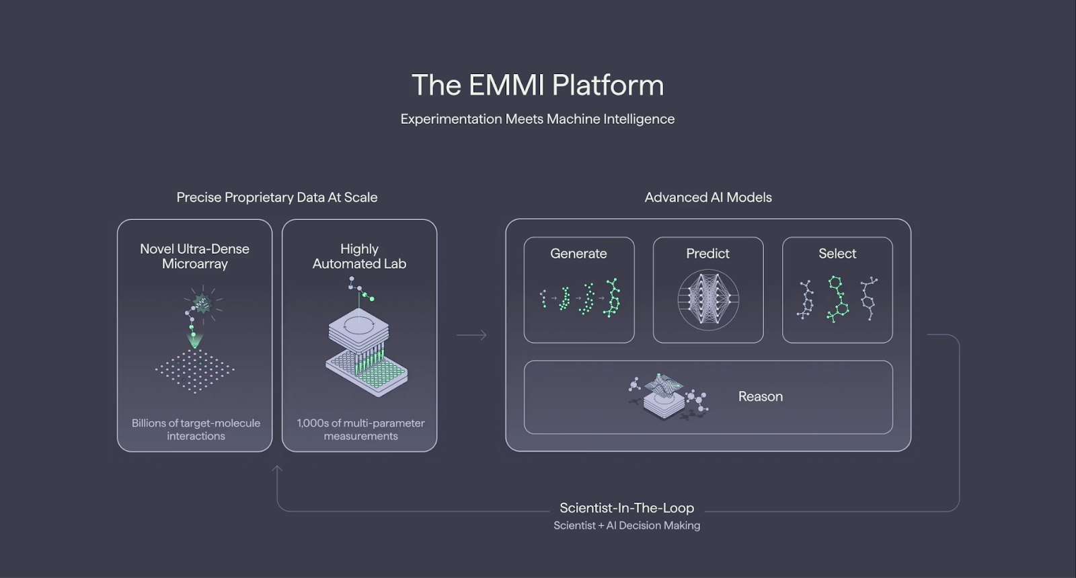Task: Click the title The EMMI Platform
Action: point(537,85)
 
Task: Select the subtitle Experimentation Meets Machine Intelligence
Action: point(537,119)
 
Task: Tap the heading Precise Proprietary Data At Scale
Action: point(276,197)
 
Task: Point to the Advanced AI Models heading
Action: point(708,197)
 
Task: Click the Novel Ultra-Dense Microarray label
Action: point(194,256)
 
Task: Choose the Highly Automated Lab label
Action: point(359,256)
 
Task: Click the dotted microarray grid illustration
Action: point(194,370)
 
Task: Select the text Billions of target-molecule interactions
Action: point(196,429)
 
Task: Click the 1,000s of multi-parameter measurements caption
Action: point(360,429)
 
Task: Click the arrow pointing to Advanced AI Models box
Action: point(471,335)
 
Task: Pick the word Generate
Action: point(578,254)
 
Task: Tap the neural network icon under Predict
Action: point(708,300)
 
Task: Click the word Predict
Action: point(707,254)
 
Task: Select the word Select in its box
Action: point(837,254)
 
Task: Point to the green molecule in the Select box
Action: point(837,299)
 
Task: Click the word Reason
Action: point(761,397)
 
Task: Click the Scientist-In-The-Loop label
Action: point(627,508)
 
